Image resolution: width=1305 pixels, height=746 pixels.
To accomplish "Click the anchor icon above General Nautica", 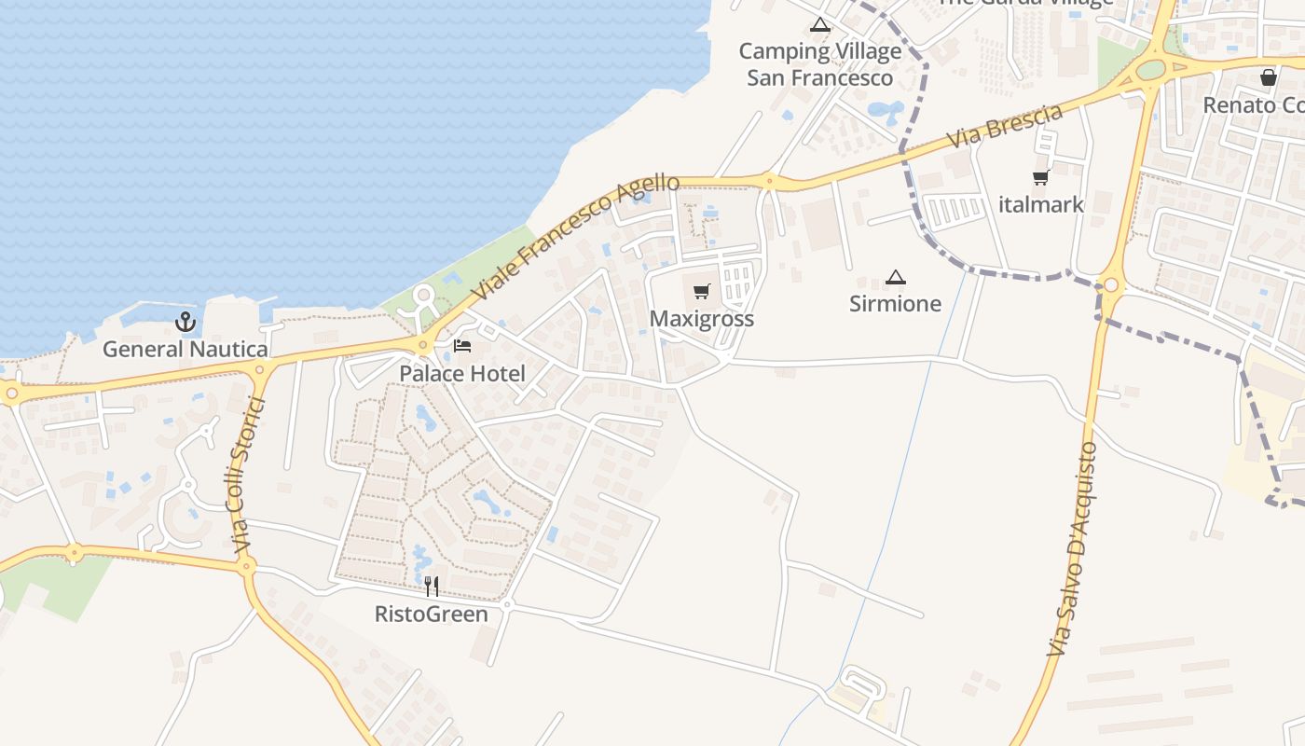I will coord(185,323).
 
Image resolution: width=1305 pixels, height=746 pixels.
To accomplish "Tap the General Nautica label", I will coord(185,350).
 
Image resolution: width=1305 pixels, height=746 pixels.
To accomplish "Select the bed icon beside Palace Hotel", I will coord(462,346).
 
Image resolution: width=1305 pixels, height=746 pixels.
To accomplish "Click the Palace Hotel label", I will coord(462,374).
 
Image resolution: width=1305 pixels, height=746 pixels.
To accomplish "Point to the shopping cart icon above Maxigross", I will coord(702,291).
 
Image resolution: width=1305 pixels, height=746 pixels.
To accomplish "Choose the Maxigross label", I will coord(701,319).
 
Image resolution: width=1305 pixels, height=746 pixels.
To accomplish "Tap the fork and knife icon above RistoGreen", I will coord(431,587).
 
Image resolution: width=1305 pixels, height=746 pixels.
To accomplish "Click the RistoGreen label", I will coord(431,615).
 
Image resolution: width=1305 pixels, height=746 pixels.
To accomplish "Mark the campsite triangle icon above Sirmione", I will coord(895,277).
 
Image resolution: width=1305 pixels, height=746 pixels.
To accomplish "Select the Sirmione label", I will coord(895,304).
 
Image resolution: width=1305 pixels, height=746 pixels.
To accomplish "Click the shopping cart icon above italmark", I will coord(1040,177).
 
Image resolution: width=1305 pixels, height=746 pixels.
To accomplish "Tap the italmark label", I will coord(1040,204).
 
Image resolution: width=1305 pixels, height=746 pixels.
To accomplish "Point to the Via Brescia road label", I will coord(1005,126).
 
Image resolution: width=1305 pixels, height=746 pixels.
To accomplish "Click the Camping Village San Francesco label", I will coord(820,64).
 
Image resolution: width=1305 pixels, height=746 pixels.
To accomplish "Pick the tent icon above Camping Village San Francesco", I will coord(820,25).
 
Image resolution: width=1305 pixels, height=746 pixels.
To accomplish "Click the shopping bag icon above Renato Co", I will coord(1268,76).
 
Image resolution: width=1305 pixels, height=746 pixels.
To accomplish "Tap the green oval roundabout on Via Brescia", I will coord(1151,70).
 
